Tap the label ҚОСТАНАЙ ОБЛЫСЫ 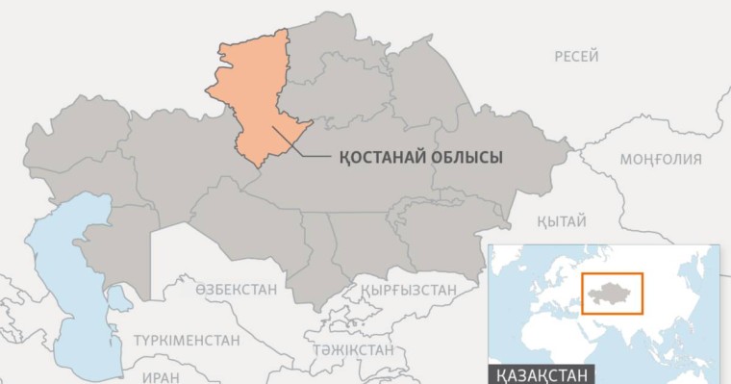point(421,157)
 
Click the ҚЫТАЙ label point(562,220)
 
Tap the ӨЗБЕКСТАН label point(236,289)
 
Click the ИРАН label point(161,377)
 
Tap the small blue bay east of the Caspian point(119,298)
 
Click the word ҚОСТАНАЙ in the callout point(386,157)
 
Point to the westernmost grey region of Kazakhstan point(72,140)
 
